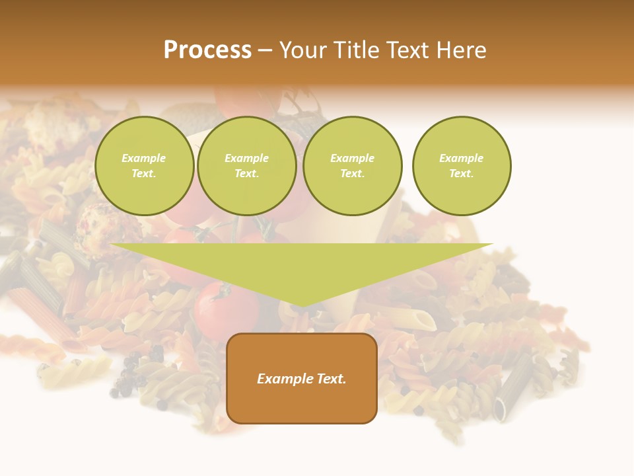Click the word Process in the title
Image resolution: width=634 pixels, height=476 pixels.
[207, 50]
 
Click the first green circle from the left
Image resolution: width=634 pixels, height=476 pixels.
[144, 166]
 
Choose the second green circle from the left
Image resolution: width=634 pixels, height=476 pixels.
[246, 166]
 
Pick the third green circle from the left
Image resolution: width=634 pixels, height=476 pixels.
[352, 166]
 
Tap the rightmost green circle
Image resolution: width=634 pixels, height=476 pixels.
[462, 166]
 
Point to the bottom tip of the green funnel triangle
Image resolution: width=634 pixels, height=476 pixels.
[302, 305]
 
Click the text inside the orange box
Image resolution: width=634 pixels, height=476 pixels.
[302, 379]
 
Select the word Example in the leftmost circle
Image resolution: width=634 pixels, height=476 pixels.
[144, 158]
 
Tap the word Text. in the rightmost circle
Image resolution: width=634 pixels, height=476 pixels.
[461, 173]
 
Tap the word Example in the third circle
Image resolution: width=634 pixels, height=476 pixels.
[352, 158]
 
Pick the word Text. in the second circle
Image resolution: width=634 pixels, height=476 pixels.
[246, 173]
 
